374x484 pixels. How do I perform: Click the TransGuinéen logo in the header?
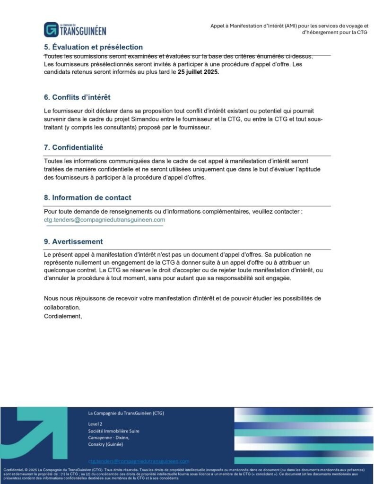click(75, 29)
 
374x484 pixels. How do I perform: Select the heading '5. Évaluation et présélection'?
click(93, 47)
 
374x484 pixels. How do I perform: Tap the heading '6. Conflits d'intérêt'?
click(77, 97)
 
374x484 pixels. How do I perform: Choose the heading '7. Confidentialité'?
click(73, 147)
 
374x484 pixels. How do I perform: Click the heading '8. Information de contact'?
click(87, 198)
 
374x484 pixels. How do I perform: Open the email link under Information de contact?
click(104, 220)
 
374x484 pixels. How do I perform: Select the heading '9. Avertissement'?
click(73, 242)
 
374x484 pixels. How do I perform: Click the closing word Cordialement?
click(63, 316)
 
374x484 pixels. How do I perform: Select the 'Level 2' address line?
click(95, 424)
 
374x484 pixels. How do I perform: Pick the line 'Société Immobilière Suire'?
click(113, 431)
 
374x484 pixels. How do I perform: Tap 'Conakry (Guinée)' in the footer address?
click(105, 445)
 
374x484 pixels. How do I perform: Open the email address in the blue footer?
click(139, 461)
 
